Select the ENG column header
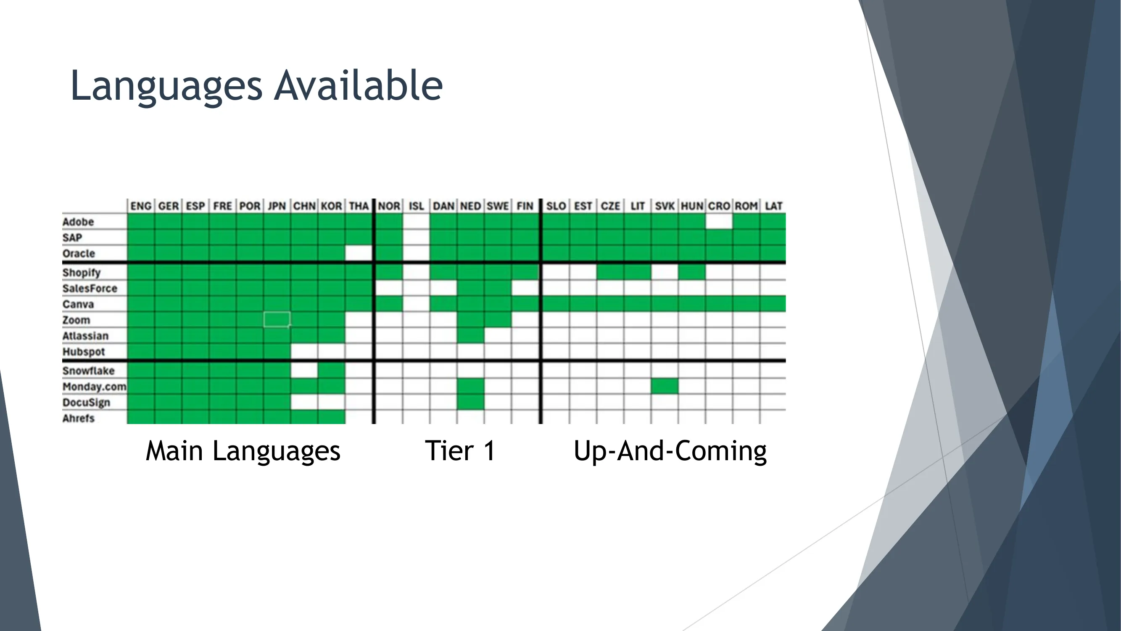[141, 206]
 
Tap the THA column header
[359, 206]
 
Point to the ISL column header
[416, 206]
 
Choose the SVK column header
[665, 206]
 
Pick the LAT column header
[773, 206]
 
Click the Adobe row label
[78, 222]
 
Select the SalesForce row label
[90, 288]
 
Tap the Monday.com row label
[94, 387]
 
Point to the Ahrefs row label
[78, 418]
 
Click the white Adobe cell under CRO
[719, 222]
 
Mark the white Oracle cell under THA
[359, 253]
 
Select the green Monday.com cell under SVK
[665, 386]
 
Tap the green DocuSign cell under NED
[470, 402]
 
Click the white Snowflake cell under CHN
[304, 371]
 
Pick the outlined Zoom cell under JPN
[277, 320]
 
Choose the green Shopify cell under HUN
[692, 273]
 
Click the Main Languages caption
[243, 451]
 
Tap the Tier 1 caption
[460, 451]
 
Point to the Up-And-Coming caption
[670, 451]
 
